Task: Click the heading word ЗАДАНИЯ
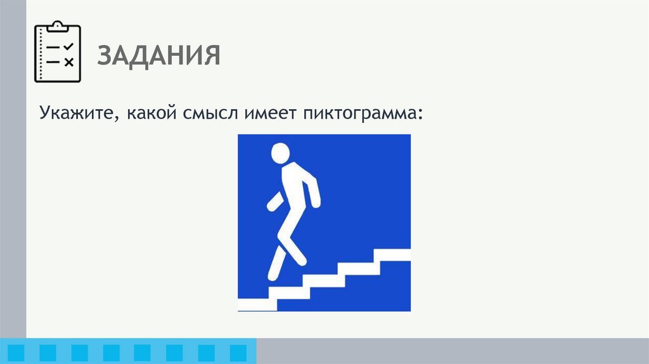coord(158,56)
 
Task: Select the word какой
coord(154,115)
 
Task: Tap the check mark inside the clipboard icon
coord(69,47)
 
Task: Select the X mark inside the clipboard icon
coord(69,62)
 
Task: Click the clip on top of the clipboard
coord(58,25)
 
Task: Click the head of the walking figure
coord(280,153)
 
